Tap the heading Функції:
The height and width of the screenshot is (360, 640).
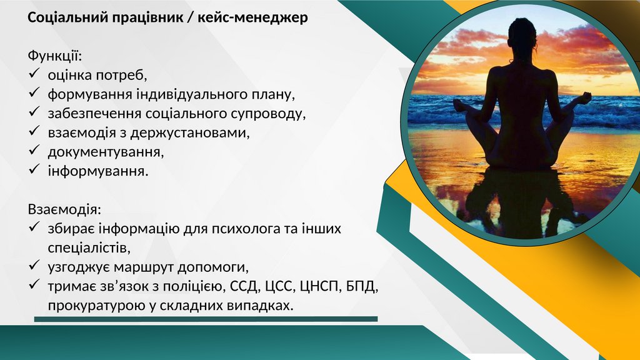(x=55, y=56)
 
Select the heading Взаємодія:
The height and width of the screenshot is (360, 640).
(x=64, y=209)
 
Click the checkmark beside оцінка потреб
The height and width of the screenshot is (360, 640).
(x=34, y=74)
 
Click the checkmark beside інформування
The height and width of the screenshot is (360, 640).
(x=34, y=169)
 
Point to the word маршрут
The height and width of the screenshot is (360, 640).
(x=144, y=267)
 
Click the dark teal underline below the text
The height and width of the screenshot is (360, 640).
(x=206, y=319)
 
